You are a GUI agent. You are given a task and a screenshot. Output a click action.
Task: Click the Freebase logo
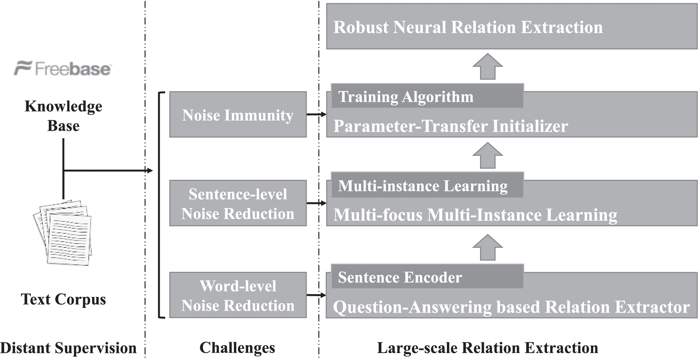63,68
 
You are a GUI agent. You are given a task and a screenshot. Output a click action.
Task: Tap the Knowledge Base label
63,116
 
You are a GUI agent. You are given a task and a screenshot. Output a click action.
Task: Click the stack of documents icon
63,232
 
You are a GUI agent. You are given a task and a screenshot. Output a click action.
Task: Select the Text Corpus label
63,299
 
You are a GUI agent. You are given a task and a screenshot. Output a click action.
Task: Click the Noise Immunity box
238,114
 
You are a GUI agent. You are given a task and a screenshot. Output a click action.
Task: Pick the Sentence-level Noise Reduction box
238,203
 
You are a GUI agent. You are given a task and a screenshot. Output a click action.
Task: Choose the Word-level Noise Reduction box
238,295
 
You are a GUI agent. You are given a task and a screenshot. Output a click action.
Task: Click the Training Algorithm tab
427,96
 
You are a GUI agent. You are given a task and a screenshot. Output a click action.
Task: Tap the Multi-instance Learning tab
427,185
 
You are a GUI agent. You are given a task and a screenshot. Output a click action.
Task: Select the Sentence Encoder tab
427,277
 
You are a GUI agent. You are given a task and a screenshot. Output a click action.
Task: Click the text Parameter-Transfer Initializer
450,126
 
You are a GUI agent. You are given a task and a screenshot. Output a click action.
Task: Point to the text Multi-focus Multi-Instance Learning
475,215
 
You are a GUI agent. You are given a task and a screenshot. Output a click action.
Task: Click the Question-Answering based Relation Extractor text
511,307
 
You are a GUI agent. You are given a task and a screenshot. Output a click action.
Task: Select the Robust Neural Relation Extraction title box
512,26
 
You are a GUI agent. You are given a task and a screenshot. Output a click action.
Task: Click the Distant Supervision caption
68,348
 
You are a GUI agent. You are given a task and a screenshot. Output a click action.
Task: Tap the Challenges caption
237,348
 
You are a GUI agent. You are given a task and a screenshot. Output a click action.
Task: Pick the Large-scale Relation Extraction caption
487,348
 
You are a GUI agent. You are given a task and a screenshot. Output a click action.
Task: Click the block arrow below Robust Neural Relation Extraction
487,66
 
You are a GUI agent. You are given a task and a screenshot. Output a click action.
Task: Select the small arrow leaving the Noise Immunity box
317,114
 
